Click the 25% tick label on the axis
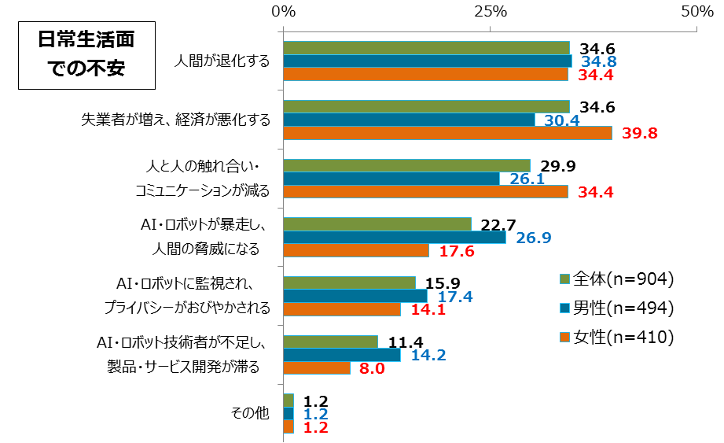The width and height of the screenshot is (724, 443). click(x=490, y=12)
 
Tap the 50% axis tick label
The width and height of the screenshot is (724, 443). click(x=696, y=12)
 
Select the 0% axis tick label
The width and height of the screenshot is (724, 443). click(x=283, y=12)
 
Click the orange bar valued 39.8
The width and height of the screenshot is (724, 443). click(x=447, y=133)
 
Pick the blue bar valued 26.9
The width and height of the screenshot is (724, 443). click(x=395, y=237)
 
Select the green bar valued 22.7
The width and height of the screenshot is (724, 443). click(x=377, y=223)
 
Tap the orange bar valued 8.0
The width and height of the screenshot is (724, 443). click(x=317, y=367)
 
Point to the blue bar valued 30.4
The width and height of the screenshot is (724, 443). click(x=409, y=120)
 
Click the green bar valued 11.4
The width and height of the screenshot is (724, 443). click(x=330, y=341)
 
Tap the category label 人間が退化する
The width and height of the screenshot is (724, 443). click(x=222, y=61)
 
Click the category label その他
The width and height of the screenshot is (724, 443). click(x=250, y=414)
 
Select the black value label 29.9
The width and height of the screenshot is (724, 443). click(x=557, y=165)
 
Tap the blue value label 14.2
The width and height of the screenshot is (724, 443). click(x=426, y=355)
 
